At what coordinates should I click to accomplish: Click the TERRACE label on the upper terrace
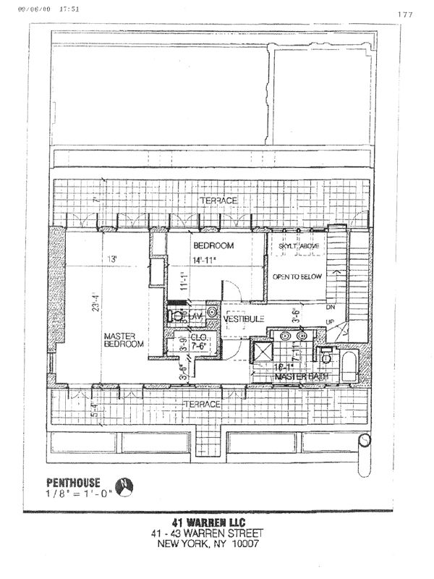[219, 200]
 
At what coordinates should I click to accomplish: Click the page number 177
[405, 14]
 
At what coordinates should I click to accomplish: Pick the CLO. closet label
[198, 337]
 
